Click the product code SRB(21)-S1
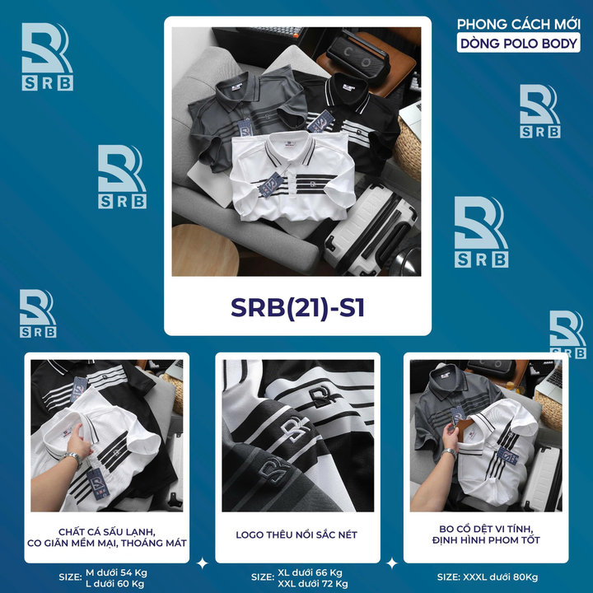(297, 307)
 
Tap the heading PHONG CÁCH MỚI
(519, 24)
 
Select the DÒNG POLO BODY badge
(519, 44)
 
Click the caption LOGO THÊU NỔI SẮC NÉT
(296, 535)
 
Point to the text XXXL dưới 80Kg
(500, 577)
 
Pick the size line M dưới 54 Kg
(116, 572)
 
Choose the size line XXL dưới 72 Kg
(313, 584)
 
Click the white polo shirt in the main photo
(292, 176)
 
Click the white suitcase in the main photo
(372, 229)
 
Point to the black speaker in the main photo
(358, 56)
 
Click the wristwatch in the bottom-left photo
(72, 458)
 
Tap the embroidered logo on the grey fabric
(275, 472)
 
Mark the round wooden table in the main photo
(205, 250)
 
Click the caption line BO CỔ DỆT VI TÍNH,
(486, 529)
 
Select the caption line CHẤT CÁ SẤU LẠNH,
(106, 532)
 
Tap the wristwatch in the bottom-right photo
(450, 452)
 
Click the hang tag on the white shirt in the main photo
(271, 184)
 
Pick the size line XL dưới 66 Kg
(310, 572)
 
